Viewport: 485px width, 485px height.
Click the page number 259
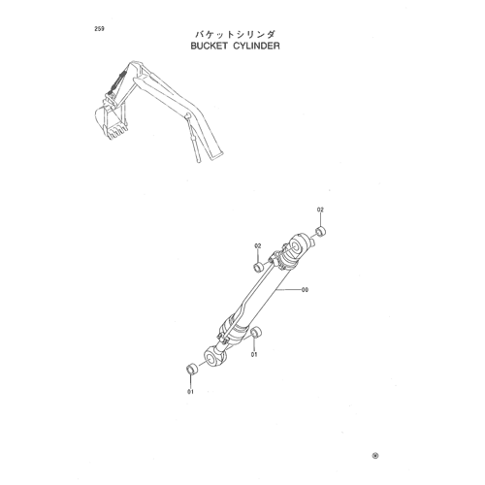(x=99, y=29)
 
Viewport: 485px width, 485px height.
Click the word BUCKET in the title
(x=209, y=46)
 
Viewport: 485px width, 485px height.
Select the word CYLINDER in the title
(x=257, y=46)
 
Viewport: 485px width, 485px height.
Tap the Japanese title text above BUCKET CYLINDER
(x=235, y=35)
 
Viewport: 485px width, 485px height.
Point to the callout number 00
(x=305, y=290)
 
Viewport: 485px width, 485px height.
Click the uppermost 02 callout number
(x=320, y=210)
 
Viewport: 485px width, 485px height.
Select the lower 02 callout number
(x=258, y=246)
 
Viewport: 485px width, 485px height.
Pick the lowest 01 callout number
(x=190, y=392)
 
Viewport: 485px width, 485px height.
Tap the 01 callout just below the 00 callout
(x=254, y=355)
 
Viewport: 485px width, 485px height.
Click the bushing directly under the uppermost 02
(x=321, y=232)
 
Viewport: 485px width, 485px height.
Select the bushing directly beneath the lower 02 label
(x=258, y=268)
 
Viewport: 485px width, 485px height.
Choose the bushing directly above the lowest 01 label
(x=192, y=370)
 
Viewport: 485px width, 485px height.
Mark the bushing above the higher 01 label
(x=256, y=333)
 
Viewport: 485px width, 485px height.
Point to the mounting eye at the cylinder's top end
(x=299, y=244)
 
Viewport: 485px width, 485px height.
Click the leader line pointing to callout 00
(x=288, y=290)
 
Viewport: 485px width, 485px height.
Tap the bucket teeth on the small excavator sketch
(x=117, y=133)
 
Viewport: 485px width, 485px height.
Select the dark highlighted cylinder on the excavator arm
(x=116, y=83)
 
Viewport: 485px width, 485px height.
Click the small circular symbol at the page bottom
(x=375, y=456)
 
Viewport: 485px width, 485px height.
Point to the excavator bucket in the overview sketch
(x=111, y=119)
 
